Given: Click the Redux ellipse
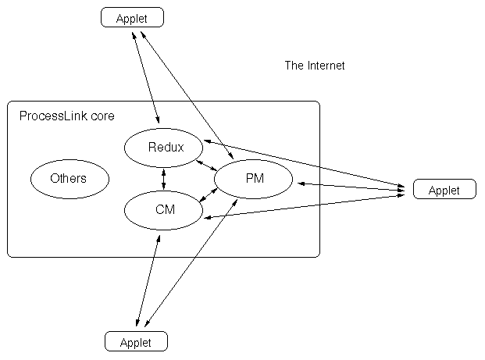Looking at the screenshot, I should pos(164,147).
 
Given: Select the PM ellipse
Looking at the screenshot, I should pos(254,180).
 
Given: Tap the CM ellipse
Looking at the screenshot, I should pos(164,209).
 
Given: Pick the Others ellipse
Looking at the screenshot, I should pos(69,179).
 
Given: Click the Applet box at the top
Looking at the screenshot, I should pos(132,16).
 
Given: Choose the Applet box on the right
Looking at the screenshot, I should pos(444,189).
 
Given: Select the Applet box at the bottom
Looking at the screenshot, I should pos(136,341).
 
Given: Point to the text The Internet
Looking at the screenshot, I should pos(314,66).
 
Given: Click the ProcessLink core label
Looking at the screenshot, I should pos(66,116).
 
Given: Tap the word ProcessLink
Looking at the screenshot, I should pos(54,116).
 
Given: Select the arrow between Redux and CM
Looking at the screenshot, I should pos(164,178).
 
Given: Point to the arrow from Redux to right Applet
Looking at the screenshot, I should pos(305,165).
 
